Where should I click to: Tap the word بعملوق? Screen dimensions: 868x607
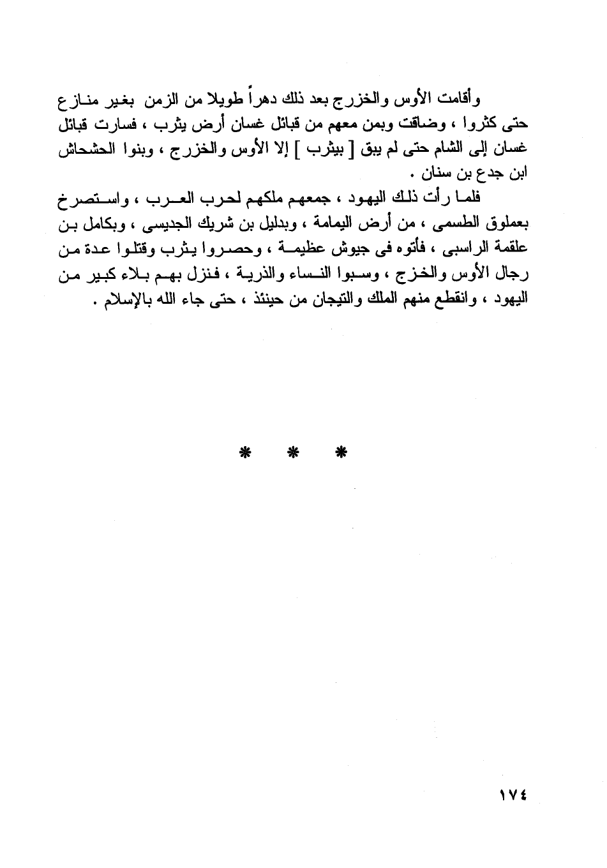tap(508, 225)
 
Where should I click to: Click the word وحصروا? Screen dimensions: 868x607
tap(233, 250)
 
